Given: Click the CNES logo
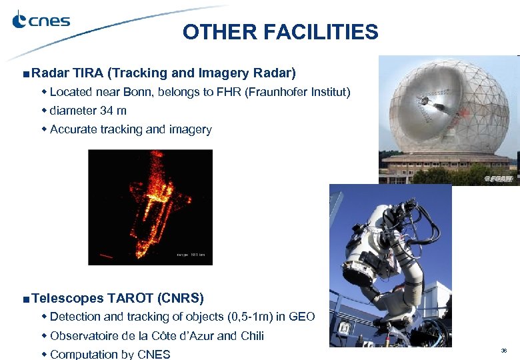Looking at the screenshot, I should click(41, 21).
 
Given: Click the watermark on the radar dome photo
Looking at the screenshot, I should click(499, 178).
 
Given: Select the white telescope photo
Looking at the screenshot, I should click(390, 267).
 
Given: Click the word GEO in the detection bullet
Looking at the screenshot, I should click(301, 317).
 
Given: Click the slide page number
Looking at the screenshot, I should click(504, 350).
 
